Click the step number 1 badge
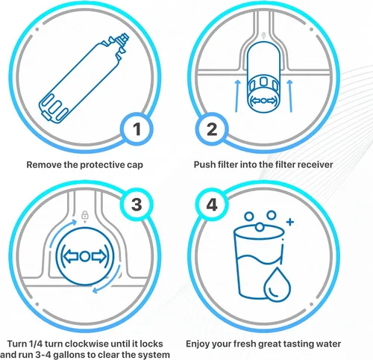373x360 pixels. (137, 129)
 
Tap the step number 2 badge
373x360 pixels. (212, 129)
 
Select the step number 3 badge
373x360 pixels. (137, 205)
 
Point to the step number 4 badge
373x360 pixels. (212, 205)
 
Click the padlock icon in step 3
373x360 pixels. (85, 215)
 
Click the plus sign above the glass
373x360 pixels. (290, 222)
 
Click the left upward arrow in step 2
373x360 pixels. (237, 96)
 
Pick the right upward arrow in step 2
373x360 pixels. (290, 96)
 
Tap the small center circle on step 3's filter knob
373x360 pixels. (85, 256)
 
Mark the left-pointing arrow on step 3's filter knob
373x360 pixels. (71, 256)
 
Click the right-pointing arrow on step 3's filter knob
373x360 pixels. (98, 256)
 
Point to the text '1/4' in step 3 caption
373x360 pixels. (36, 344)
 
